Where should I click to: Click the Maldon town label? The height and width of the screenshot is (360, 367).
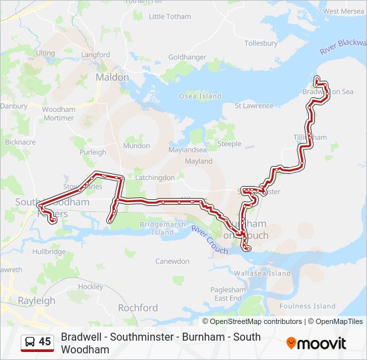112,77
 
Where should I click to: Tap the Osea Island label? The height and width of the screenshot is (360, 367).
200,96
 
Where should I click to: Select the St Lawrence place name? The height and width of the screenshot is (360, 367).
254,105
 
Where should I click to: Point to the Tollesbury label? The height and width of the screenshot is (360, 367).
261,43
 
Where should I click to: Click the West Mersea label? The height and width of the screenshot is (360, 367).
344,11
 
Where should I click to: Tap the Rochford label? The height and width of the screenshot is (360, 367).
137,307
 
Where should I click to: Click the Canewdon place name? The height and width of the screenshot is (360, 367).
173,261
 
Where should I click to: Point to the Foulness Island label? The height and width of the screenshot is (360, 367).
308,306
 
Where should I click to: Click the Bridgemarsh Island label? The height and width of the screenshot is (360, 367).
162,229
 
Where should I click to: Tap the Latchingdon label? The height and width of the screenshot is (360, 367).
155,177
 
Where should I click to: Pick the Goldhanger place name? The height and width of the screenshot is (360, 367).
188,57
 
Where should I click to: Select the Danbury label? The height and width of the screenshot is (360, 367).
14,105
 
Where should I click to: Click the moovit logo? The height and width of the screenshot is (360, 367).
316,343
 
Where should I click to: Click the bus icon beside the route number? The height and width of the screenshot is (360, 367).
30,342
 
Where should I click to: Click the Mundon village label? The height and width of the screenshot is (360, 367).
136,145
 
